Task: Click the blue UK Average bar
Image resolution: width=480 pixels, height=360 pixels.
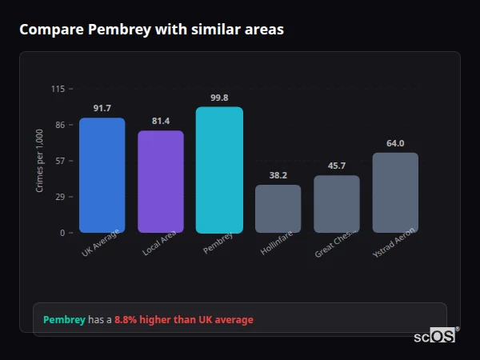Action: pos(102,175)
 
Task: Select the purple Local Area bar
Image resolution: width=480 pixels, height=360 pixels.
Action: pos(161,182)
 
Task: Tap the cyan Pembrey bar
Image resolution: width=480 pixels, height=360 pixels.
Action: pos(219,170)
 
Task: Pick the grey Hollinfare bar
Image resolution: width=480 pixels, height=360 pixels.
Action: pos(278,209)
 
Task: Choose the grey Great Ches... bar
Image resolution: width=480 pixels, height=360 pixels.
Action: pos(337,204)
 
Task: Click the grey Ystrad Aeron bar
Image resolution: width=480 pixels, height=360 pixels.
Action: pos(395,193)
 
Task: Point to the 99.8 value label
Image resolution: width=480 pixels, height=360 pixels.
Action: pos(219,98)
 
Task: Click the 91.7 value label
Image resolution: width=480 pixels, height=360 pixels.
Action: pos(102,108)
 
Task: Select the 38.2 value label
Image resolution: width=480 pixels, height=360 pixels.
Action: pos(278,175)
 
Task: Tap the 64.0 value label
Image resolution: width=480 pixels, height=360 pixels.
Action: pos(395,143)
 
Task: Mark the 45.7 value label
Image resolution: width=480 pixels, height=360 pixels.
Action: pos(337,166)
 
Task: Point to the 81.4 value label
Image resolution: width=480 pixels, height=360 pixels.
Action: pos(161,121)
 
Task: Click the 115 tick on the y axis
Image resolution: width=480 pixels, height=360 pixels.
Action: pos(58,89)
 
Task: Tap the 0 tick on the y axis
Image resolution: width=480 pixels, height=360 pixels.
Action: pos(62,233)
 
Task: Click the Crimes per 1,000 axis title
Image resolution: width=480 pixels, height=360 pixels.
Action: pos(40,160)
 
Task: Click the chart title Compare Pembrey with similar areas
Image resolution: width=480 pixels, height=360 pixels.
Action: pos(151,30)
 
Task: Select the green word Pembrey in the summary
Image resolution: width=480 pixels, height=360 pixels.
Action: pos(64,319)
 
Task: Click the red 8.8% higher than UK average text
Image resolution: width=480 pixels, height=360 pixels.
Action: pos(183,319)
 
